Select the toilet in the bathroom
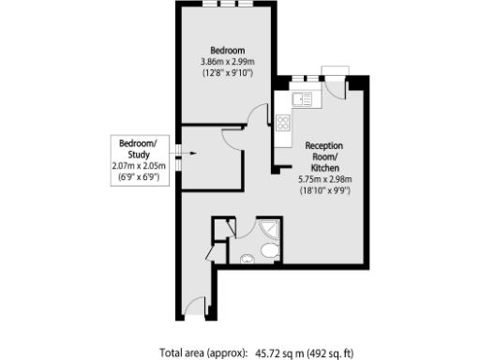tap(269, 249)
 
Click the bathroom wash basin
tap(247, 259)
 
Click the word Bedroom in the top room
tap(228, 50)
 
